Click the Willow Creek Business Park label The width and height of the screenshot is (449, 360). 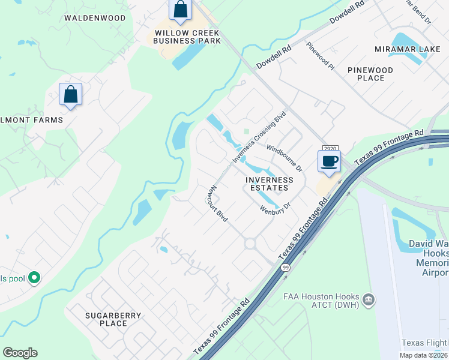(187, 37)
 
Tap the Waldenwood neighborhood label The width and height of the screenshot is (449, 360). (95, 18)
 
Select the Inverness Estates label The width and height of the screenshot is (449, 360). (270, 184)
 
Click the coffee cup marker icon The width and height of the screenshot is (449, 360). (329, 161)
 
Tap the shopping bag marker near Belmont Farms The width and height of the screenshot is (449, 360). (70, 94)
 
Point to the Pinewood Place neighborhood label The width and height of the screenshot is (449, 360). (370, 74)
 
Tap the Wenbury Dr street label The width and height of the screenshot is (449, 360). (276, 208)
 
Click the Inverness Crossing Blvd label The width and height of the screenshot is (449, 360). (258, 137)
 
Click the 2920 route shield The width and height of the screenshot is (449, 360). (329, 148)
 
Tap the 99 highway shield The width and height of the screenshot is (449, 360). (286, 268)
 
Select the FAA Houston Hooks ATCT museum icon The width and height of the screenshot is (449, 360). (368, 299)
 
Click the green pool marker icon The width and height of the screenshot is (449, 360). (34, 278)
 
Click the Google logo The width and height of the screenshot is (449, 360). (20, 353)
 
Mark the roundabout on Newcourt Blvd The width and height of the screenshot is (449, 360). (250, 243)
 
